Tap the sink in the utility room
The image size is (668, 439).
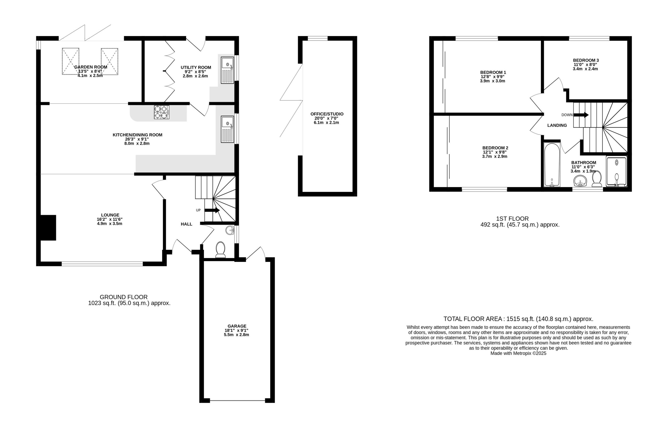pos(227,70)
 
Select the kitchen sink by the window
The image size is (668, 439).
pos(227,129)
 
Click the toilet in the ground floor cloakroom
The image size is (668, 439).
pos(220,250)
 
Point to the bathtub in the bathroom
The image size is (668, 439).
pos(552,165)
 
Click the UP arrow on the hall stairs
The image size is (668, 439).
pos(212,210)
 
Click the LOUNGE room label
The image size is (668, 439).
pos(110,215)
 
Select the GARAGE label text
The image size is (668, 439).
pos(237,326)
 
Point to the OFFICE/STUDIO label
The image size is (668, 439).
pos(327,114)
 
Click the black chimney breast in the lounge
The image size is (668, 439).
pos(48,227)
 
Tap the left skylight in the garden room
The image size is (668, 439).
pos(70,61)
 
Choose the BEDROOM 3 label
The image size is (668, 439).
pos(586,60)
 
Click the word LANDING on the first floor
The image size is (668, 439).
pos(557,125)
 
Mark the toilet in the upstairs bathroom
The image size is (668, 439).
pos(597,179)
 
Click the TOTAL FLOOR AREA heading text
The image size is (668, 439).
pos(472,319)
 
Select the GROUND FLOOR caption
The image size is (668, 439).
pos(124,297)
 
